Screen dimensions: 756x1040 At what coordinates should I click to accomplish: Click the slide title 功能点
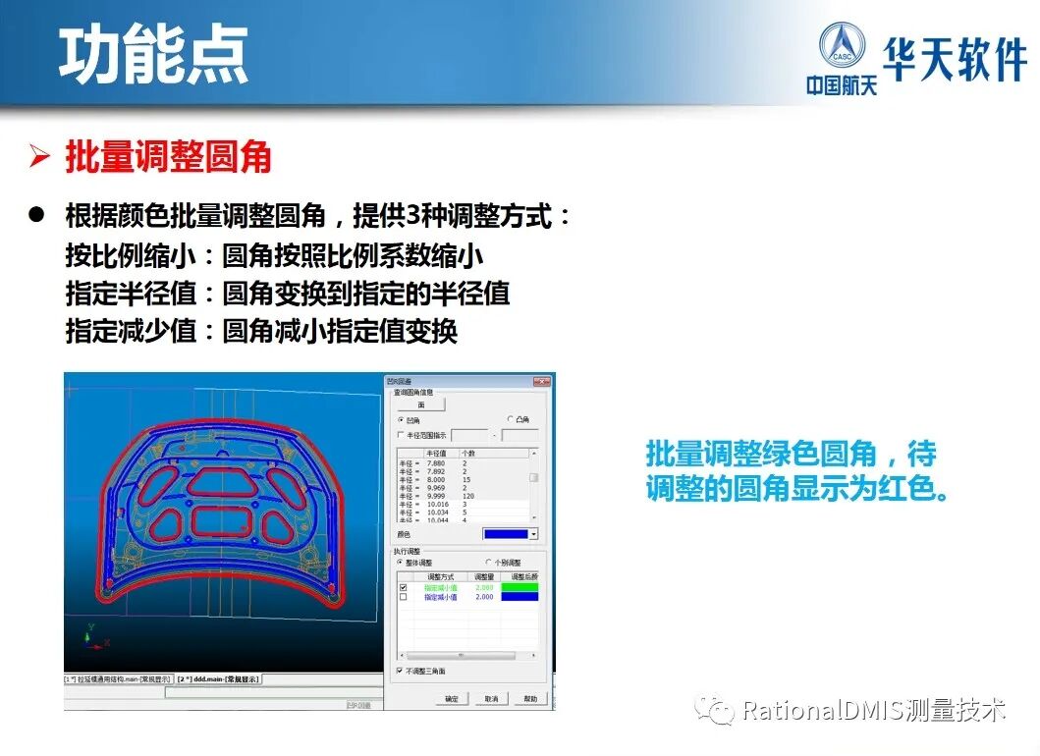coord(153,55)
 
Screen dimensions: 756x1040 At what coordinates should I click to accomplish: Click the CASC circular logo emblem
coord(842,48)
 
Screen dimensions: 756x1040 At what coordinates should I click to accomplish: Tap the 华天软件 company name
coord(955,59)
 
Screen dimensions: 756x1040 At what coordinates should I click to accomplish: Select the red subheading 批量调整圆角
coord(168,157)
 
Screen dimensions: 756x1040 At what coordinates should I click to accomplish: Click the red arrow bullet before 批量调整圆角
coord(39,157)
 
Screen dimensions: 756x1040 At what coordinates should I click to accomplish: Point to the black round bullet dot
coord(38,216)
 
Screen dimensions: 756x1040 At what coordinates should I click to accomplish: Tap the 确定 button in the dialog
coord(451,699)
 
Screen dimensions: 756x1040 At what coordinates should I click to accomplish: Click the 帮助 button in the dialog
coord(530,699)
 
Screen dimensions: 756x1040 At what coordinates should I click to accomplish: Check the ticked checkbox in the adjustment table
coord(403,587)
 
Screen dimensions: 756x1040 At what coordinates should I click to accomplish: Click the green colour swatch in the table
coord(520,587)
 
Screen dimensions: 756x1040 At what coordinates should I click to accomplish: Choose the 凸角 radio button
coord(510,419)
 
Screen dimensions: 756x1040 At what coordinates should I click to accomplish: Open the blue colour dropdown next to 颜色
coord(533,533)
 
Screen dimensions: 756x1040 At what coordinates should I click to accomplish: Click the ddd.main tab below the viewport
coord(227,678)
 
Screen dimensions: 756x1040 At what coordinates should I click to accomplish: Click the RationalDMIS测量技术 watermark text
coord(873,710)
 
